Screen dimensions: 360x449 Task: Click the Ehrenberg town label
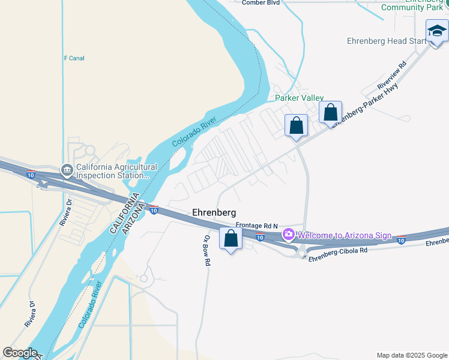point(214,212)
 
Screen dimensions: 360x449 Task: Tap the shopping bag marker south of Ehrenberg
point(231,239)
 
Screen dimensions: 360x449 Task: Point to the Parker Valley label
point(299,98)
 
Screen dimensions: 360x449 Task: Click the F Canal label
point(74,58)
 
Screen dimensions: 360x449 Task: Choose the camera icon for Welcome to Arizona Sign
point(289,234)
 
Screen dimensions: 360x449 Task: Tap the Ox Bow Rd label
point(206,250)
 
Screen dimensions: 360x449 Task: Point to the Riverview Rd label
point(391,74)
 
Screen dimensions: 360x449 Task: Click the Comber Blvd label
point(261,2)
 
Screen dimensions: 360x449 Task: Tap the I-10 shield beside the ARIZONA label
point(154,210)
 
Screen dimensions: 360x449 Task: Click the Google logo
point(20,353)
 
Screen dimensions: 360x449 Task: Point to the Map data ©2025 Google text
point(412,355)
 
